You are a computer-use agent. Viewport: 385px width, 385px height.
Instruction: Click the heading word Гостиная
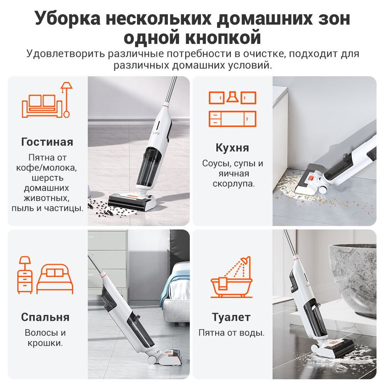(47, 142)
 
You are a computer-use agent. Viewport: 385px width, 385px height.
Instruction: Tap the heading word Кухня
(232, 148)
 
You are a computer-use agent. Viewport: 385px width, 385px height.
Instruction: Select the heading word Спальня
(45, 317)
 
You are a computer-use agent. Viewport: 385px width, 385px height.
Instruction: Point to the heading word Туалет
(231, 317)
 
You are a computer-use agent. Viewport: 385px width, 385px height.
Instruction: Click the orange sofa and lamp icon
(47, 100)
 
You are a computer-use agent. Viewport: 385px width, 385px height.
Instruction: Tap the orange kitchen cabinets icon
(232, 109)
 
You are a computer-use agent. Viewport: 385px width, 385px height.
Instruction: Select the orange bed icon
(55, 279)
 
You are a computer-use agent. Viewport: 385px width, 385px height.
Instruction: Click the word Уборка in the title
(67, 18)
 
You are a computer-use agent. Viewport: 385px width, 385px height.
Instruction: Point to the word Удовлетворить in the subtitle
(65, 54)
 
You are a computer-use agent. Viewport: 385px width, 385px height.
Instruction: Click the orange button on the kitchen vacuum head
(311, 178)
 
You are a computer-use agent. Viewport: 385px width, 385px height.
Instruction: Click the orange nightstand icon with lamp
(25, 275)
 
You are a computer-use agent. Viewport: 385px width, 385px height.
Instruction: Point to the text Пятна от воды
(231, 333)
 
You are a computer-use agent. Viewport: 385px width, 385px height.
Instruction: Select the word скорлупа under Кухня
(234, 184)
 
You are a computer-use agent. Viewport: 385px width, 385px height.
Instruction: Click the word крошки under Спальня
(45, 343)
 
